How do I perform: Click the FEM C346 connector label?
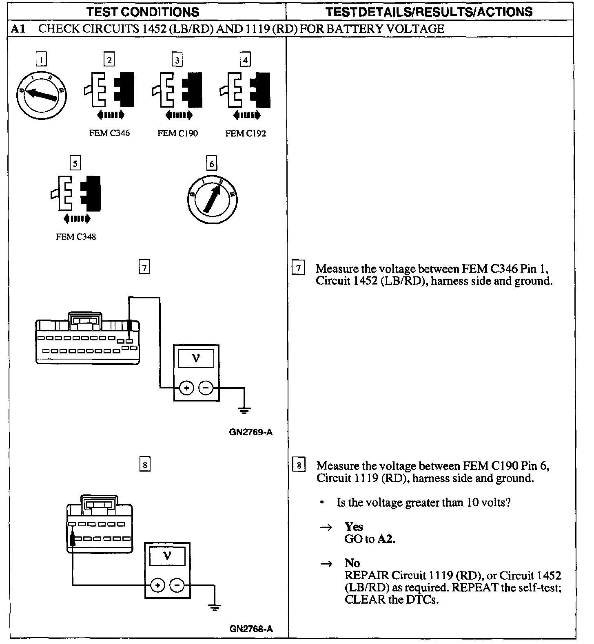point(109,133)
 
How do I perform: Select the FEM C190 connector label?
point(177,133)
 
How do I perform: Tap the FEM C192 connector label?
point(246,133)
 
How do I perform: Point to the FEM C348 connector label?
point(76,237)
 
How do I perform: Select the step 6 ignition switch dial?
point(212,199)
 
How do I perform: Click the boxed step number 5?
point(75,163)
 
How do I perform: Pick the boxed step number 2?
point(109,60)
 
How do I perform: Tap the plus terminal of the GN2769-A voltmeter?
point(186,388)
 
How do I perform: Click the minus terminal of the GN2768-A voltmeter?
point(177,585)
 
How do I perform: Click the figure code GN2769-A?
point(250,432)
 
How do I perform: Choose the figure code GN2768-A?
point(251,629)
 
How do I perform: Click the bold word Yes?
point(353,527)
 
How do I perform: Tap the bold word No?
point(352,563)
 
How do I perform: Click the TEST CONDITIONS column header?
point(143,12)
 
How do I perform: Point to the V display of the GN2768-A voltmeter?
point(167,556)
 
